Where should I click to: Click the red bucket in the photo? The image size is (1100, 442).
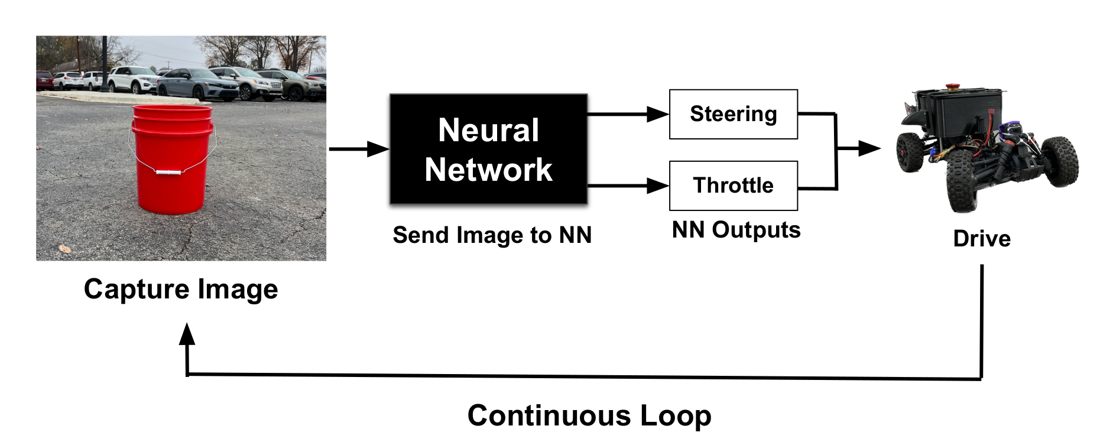172,160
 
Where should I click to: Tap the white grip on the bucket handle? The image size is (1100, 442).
168,173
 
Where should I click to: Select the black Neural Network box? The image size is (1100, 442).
488,149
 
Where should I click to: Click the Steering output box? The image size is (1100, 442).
733,114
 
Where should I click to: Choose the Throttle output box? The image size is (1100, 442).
733,186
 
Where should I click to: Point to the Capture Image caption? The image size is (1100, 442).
181,289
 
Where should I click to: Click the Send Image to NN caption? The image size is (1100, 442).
492,235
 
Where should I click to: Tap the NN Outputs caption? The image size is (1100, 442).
736,230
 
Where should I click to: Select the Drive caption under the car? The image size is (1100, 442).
982,239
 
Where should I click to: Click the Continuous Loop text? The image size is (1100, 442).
589,415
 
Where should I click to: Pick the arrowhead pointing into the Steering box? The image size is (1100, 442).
657,114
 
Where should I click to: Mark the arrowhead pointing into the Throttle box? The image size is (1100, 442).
657,186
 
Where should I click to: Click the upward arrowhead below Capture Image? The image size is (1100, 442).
187,334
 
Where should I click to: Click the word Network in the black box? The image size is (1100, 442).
488,170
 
